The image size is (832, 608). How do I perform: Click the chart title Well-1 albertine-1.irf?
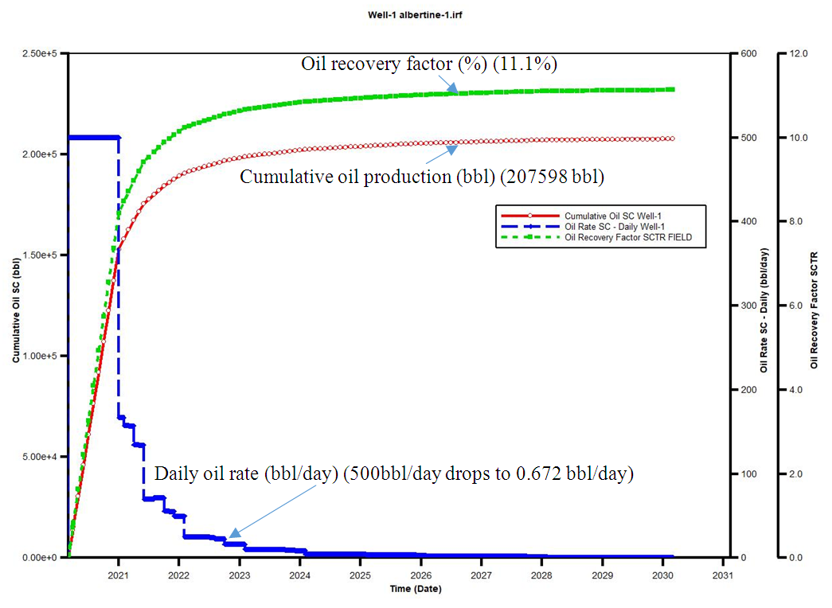(415, 15)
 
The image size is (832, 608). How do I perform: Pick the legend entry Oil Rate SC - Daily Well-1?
(609, 226)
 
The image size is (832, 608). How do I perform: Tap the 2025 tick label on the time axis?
(360, 575)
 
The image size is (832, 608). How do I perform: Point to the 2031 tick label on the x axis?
(722, 575)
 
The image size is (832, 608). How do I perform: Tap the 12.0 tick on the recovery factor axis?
(798, 53)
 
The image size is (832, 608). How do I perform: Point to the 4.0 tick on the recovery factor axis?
(796, 390)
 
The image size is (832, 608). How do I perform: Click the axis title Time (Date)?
(415, 589)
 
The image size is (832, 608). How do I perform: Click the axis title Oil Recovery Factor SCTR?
(814, 310)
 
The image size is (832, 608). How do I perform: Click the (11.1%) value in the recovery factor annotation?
(525, 64)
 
